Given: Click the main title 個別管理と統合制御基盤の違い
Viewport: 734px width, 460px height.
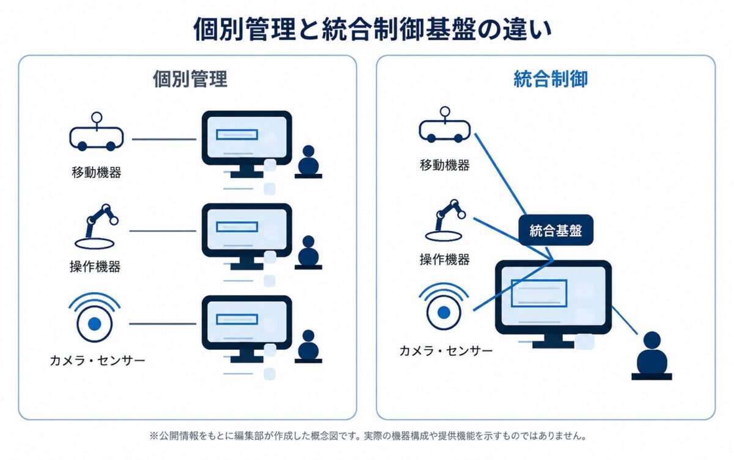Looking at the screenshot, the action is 373,29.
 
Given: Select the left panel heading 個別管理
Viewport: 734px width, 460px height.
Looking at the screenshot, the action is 190,79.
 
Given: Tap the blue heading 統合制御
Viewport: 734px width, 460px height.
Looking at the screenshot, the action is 550,79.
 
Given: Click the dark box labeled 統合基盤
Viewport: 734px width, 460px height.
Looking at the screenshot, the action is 556,230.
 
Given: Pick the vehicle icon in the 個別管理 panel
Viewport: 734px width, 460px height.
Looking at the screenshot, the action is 97,132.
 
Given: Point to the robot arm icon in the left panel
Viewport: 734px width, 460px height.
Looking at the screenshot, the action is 97,227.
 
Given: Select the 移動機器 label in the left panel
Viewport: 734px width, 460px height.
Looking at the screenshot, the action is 97,172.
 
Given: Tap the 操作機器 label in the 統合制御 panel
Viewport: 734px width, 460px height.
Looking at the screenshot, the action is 445,260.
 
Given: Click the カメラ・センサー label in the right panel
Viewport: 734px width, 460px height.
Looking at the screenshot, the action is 446,351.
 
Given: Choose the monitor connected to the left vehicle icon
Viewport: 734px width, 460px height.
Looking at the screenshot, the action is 247,145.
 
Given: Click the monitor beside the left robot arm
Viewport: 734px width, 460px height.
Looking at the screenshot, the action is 247,236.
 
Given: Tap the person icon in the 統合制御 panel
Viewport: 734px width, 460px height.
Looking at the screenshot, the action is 652,356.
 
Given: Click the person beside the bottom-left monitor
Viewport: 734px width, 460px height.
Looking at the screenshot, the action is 308,347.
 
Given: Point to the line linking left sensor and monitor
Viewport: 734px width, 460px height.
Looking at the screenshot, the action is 163,324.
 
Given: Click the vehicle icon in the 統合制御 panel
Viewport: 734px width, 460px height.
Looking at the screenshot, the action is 445,125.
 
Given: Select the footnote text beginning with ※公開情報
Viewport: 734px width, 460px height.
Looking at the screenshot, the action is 368,435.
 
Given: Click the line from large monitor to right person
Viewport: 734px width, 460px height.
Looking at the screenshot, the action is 625,320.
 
